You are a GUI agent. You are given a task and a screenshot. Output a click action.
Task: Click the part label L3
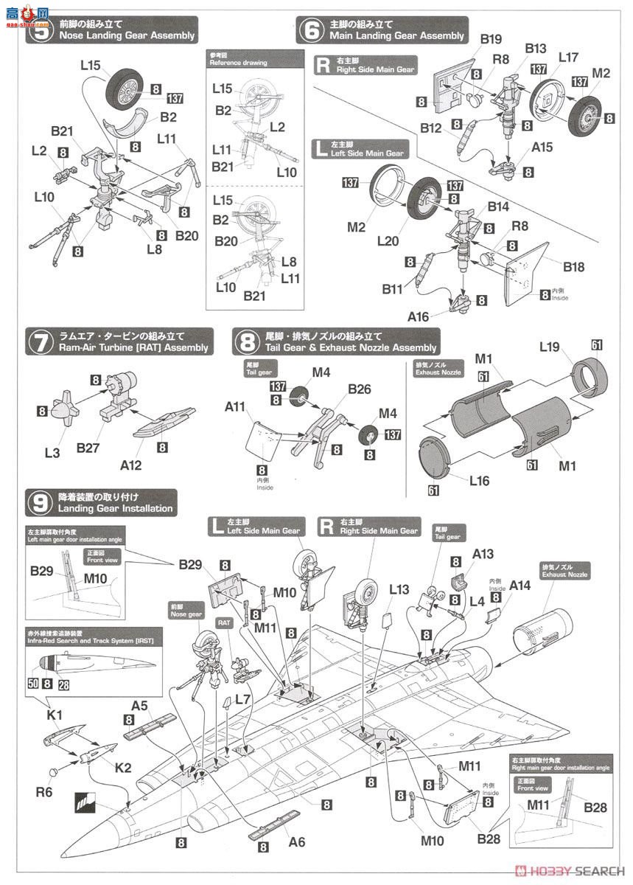click(x=52, y=452)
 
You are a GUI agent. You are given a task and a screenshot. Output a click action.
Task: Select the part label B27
click(x=89, y=448)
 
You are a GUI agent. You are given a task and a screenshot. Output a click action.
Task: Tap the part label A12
click(x=130, y=465)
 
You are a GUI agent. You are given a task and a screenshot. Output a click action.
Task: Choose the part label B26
click(x=360, y=388)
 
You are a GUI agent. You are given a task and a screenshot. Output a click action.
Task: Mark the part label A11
click(x=236, y=406)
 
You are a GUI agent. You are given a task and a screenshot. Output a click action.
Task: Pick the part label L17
click(x=569, y=56)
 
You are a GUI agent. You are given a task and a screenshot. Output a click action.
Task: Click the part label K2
click(x=122, y=768)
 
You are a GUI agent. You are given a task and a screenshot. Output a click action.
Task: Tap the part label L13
click(x=399, y=590)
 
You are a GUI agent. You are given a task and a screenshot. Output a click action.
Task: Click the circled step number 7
click(x=38, y=342)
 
